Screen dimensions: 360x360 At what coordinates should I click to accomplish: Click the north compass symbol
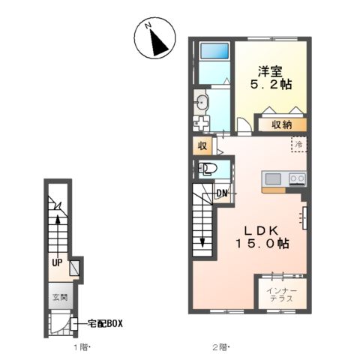coord(154,38)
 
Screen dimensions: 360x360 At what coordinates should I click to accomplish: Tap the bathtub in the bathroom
coord(215,51)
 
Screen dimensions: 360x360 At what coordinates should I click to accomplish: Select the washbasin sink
coord(202,103)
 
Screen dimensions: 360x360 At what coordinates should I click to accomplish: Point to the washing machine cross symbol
coord(200,123)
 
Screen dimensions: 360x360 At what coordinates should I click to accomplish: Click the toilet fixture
coord(207,169)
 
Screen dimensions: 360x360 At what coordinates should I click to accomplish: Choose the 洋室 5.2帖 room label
coord(271,78)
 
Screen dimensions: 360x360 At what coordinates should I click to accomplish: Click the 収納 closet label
coord(282,124)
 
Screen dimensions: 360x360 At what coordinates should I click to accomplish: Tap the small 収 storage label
coord(202,146)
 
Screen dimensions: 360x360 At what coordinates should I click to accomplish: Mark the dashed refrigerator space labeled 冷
coord(298,144)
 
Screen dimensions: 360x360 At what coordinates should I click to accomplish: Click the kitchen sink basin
coord(273,179)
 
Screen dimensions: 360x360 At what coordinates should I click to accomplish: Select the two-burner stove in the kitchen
coord(297,178)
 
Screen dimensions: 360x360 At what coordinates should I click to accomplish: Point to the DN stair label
coord(222,193)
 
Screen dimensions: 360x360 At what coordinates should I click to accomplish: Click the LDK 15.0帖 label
coord(262,237)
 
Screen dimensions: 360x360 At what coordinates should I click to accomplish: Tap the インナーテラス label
coord(282,295)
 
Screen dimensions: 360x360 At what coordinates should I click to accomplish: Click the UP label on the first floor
coord(57,262)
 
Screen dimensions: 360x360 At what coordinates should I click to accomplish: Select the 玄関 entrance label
coord(60,298)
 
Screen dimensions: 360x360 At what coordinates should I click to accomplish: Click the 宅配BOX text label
coord(105,324)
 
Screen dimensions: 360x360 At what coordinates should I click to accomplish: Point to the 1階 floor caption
coord(81,347)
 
